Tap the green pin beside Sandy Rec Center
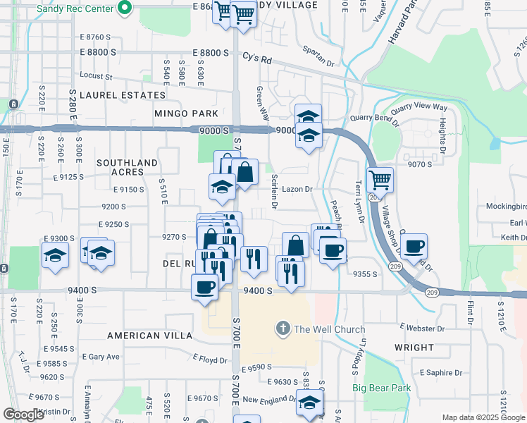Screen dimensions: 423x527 coord(125,9)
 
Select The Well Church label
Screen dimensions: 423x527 coord(329,329)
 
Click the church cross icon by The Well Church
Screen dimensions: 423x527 coord(283,329)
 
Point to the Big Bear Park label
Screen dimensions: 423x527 coord(381,388)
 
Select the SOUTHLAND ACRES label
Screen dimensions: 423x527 coord(127,167)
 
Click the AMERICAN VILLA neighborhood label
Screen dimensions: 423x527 coord(144,335)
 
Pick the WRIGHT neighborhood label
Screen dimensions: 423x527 coord(414,348)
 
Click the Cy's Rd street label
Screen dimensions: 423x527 coord(256,57)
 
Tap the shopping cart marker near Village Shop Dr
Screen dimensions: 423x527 coord(380,180)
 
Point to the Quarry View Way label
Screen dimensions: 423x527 coord(419,108)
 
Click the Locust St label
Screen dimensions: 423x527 coord(97,75)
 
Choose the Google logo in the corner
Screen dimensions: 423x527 coord(24,415)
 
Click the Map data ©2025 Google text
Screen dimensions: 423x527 coord(483,417)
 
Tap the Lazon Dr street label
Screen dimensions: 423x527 coord(297,189)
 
